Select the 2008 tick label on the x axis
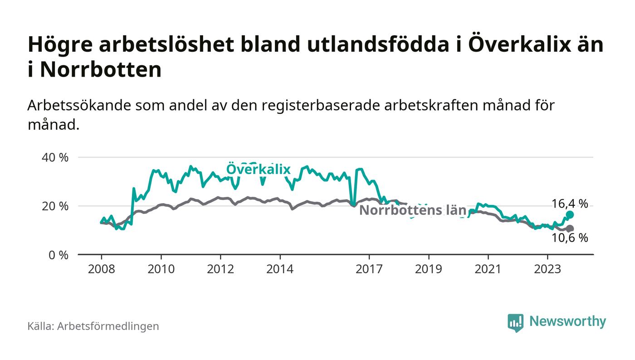tap(102, 269)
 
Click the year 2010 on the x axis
tap(161, 269)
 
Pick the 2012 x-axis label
tap(220, 269)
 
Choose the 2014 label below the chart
tap(280, 269)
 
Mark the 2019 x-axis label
tap(429, 269)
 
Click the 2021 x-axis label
tap(488, 269)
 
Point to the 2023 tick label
tap(547, 269)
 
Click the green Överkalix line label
tap(258, 170)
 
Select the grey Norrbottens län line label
tap(413, 210)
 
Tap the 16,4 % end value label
tap(570, 204)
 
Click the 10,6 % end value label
tap(570, 238)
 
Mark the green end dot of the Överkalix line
tap(570, 214)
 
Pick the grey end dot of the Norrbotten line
tap(570, 229)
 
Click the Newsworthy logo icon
tap(515, 322)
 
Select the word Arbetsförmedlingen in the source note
tap(108, 326)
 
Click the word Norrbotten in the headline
tap(101, 70)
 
